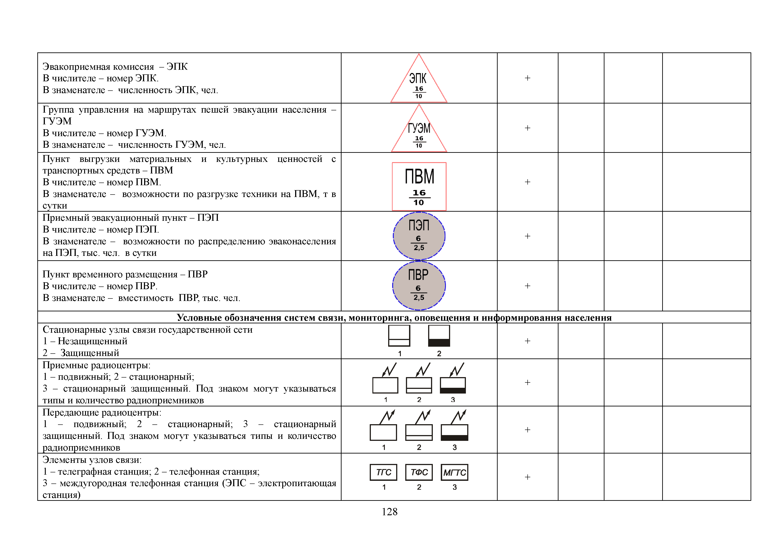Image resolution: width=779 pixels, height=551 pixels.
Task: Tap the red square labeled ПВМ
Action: pos(419,186)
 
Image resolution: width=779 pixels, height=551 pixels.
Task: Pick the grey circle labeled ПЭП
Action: pos(419,236)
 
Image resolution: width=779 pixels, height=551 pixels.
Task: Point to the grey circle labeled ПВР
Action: pos(419,286)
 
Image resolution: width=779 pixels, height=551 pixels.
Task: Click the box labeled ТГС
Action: pos(383,472)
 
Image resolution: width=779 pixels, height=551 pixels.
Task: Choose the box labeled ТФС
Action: pos(419,472)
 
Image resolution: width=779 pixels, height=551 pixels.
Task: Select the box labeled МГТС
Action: pos(455,472)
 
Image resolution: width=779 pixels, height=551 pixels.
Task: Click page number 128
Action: pos(389,512)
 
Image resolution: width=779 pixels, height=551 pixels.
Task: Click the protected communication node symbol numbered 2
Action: pos(439,336)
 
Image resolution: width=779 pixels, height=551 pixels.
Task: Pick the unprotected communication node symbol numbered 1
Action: pos(399,336)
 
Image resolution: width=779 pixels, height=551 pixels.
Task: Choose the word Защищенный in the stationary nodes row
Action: pos(89,353)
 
